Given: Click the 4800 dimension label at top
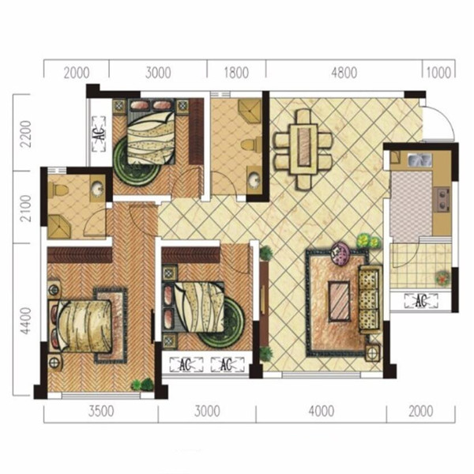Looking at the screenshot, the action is tap(344, 73).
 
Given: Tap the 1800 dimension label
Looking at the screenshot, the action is tap(236, 73).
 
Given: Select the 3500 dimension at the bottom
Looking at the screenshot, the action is tap(101, 411).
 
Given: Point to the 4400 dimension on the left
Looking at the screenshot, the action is tap(25, 321).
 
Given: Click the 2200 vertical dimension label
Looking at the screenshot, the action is tap(25, 134).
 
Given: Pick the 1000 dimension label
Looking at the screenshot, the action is tap(438, 73).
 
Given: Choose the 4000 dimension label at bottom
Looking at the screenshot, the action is tap(322, 411).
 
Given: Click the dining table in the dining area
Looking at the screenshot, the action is tap(304, 150).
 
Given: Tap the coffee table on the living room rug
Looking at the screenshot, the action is tap(340, 302).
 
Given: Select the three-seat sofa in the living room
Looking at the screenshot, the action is tap(371, 299).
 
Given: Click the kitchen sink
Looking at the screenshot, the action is tap(419, 160).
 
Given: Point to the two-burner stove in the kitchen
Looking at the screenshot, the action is tap(442, 200).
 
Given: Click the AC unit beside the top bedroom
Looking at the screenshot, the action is tap(99, 134).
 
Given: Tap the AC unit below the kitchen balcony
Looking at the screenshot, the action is tap(421, 301).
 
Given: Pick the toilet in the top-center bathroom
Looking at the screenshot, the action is tap(251, 144).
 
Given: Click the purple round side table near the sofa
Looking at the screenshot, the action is tap(340, 254).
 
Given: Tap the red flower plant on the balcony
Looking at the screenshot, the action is tap(442, 277).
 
